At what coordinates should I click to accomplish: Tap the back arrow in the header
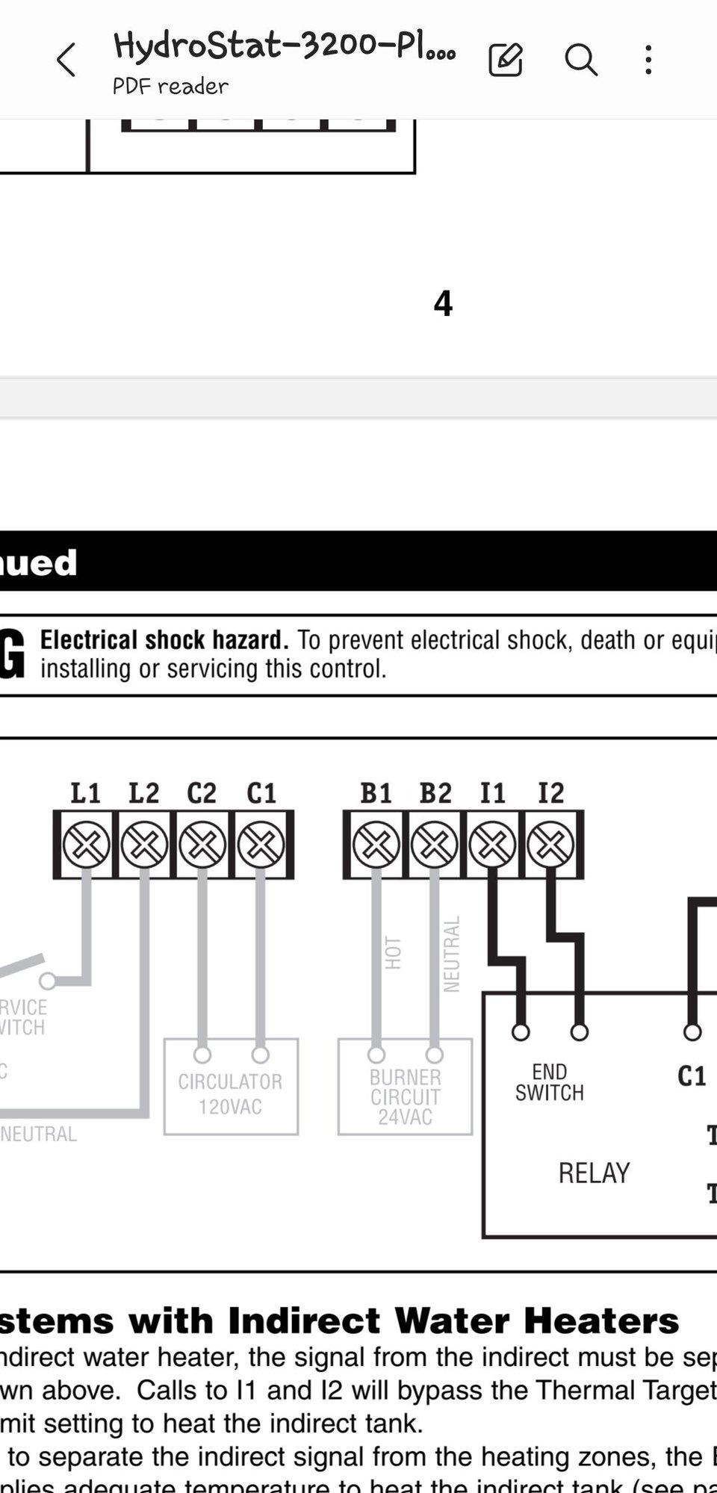click(x=66, y=60)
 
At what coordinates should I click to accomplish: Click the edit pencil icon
click(x=506, y=60)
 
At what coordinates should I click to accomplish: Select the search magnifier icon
click(x=580, y=60)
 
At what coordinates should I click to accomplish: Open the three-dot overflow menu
click(x=648, y=60)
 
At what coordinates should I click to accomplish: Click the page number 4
click(x=443, y=304)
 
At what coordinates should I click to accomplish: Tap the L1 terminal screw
click(x=86, y=845)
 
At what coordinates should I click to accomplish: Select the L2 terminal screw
click(x=144, y=845)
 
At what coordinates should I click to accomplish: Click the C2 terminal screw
click(x=202, y=845)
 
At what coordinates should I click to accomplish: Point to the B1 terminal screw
click(x=376, y=845)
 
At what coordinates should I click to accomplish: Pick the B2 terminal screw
click(x=434, y=845)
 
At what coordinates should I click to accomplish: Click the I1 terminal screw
click(x=492, y=845)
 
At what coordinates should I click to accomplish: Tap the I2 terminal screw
click(x=550, y=845)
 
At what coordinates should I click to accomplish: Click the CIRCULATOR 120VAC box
click(x=231, y=1093)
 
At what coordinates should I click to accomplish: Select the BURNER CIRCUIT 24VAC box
click(x=405, y=1096)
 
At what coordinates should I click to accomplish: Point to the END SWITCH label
click(x=550, y=1082)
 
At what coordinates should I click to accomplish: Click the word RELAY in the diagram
click(x=594, y=1173)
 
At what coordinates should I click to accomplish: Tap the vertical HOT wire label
click(x=394, y=953)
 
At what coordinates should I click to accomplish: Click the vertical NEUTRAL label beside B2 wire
click(x=452, y=955)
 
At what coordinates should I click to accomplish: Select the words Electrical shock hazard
click(x=164, y=640)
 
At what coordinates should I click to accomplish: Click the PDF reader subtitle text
click(x=170, y=87)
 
